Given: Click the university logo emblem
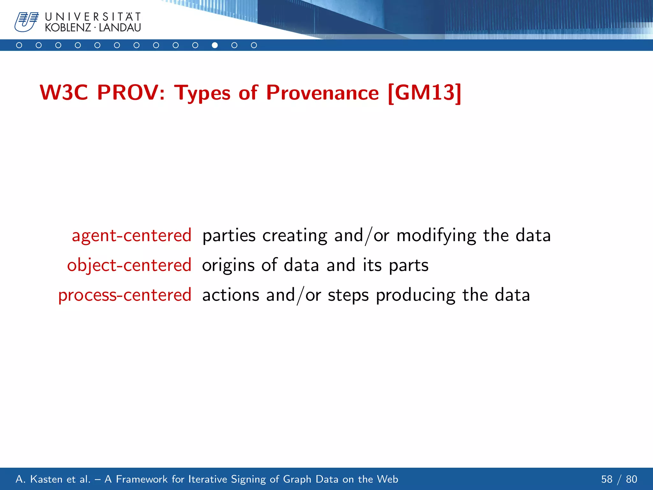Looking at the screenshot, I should pyautogui.click(x=26, y=22).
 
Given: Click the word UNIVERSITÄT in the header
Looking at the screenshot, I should pyautogui.click(x=93, y=17).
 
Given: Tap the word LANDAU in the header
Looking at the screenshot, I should pyautogui.click(x=120, y=28).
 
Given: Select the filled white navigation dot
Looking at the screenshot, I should pyautogui.click(x=215, y=45).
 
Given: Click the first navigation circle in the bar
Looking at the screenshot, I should pyautogui.click(x=19, y=45).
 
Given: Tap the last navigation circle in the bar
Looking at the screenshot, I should pyautogui.click(x=254, y=45).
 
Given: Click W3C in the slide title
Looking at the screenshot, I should pyautogui.click(x=64, y=93).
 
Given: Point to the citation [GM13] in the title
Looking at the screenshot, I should pyautogui.click(x=425, y=93).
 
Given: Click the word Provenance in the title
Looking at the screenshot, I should pyautogui.click(x=322, y=93).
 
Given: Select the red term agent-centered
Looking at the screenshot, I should pyautogui.click(x=132, y=236).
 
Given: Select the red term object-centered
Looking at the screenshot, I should pyautogui.click(x=129, y=265).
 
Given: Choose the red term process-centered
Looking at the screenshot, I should pyautogui.click(x=125, y=295).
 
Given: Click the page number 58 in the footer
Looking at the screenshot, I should pyautogui.click(x=607, y=479).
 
